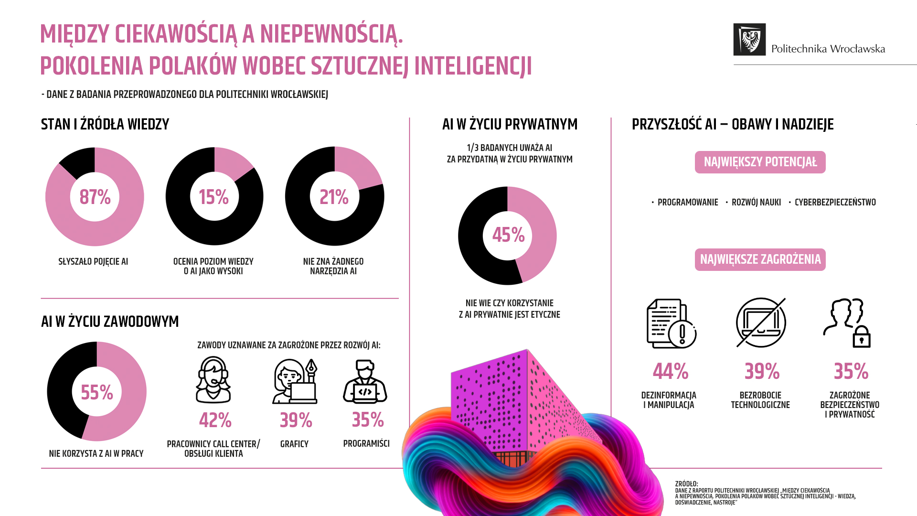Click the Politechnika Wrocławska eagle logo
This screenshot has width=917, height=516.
tap(749, 40)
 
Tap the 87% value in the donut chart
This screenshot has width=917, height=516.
tap(95, 197)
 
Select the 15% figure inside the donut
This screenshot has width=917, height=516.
tap(213, 197)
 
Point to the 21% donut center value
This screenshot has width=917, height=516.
tap(334, 197)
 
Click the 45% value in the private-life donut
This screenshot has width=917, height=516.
tap(508, 235)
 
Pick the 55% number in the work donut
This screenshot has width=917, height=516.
tap(97, 392)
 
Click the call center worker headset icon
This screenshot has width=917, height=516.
tap(213, 380)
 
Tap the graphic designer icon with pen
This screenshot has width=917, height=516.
tap(295, 381)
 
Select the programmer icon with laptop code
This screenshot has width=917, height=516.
tap(365, 381)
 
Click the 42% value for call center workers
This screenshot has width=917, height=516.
tap(215, 420)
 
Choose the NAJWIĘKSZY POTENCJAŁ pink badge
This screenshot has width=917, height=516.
tap(760, 162)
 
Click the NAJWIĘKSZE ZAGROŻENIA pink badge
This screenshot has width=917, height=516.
tap(760, 259)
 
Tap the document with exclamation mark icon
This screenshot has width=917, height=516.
tap(671, 323)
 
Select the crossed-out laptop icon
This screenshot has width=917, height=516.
tap(761, 322)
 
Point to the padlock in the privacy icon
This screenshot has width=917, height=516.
tap(862, 337)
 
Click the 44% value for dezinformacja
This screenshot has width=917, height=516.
tap(671, 371)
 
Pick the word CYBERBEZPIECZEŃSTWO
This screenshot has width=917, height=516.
tap(835, 203)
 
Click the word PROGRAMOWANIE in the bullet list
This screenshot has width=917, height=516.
tap(688, 203)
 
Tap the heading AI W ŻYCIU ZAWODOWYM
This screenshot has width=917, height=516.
tap(110, 322)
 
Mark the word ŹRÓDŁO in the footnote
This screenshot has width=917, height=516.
tap(686, 484)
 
